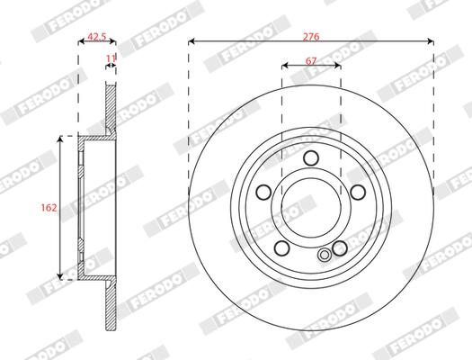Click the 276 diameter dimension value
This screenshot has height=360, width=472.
[311, 37]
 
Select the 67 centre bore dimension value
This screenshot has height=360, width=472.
[311, 61]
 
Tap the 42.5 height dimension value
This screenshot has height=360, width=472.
[97, 37]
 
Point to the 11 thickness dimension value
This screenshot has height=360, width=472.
[111, 58]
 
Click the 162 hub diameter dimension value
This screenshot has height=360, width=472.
[49, 208]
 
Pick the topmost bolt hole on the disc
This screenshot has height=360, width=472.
[311, 157]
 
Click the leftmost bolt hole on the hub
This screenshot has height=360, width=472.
[263, 193]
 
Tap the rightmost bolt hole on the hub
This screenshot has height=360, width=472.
[358, 193]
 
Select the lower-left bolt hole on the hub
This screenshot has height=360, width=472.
[282, 247]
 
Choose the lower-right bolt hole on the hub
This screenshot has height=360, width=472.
[340, 247]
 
